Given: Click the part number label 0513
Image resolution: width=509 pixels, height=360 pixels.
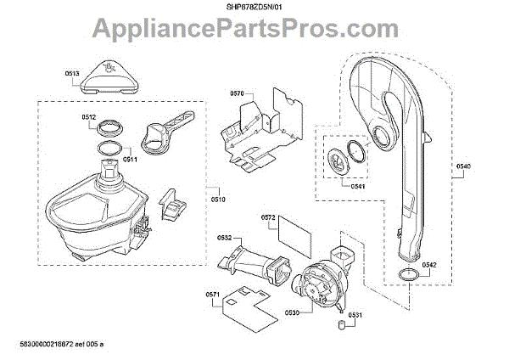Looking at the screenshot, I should coord(72,75).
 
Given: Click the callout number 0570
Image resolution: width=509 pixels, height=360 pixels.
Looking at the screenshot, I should coord(237,93).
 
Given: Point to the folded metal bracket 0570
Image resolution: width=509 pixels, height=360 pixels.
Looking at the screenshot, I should coord(259,132).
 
